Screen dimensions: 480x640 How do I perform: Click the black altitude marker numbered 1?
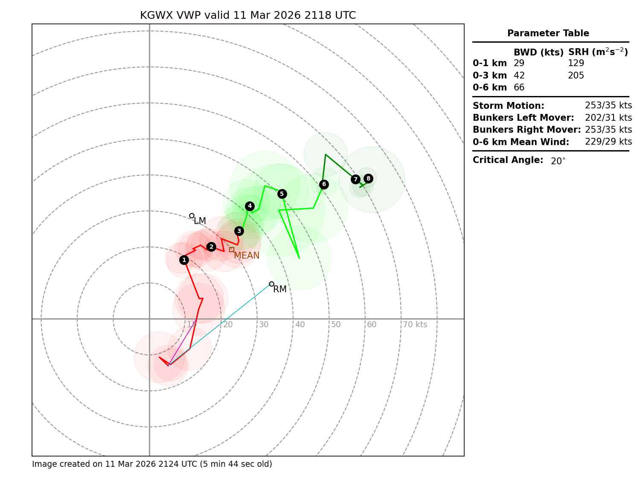click(184, 260)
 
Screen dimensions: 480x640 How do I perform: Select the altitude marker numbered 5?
click(282, 194)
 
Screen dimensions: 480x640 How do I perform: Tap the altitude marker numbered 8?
click(368, 178)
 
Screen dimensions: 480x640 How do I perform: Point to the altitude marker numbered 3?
click(239, 231)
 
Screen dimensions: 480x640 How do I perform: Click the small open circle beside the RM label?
click(271, 284)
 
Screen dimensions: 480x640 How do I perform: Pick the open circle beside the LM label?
click(192, 215)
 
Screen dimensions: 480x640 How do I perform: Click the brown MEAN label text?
click(247, 256)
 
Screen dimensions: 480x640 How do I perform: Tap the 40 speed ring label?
click(300, 325)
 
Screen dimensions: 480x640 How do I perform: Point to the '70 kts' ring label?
click(415, 325)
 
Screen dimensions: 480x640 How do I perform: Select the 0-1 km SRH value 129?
click(576, 63)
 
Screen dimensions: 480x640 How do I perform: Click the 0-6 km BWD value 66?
click(519, 87)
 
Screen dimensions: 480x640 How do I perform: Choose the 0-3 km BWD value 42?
click(519, 76)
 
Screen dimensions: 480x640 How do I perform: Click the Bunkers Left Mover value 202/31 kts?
click(608, 118)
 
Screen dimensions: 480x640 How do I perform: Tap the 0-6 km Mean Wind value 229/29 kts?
click(608, 142)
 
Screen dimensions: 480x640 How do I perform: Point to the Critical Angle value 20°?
click(558, 161)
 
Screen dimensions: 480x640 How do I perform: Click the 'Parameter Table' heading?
click(548, 33)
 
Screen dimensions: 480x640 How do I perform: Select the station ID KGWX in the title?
click(156, 16)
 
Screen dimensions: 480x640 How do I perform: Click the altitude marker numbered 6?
click(324, 184)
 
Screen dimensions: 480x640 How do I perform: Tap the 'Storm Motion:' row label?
click(508, 106)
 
